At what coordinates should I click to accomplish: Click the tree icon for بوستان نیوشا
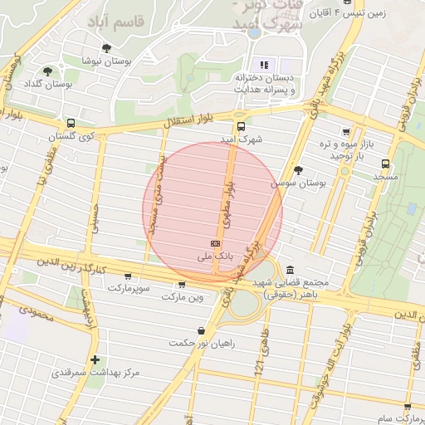106,48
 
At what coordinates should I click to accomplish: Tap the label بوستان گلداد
46,84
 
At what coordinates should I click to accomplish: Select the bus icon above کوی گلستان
71,123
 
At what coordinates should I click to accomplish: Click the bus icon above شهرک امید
241,127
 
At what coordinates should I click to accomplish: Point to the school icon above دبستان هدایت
265,65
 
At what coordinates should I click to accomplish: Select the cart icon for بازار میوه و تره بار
347,132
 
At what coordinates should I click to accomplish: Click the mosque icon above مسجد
385,164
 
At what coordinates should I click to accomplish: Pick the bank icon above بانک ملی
216,243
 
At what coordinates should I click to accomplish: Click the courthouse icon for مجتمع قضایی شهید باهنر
289,271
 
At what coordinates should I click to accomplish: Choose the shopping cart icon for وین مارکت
182,284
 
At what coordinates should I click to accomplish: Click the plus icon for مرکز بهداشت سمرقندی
96,359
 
